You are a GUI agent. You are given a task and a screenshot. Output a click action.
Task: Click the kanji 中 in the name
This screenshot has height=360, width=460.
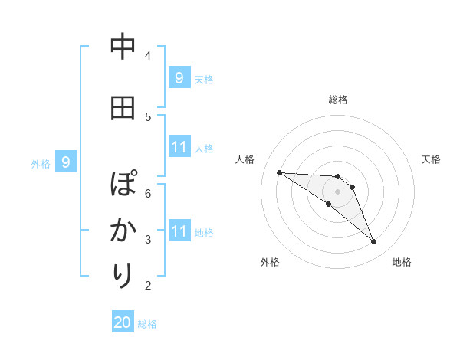[x=123, y=48]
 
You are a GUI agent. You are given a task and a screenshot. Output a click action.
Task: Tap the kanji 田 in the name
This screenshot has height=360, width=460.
[x=123, y=108]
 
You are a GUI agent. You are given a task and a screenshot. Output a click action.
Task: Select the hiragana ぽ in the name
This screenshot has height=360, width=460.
[x=123, y=185]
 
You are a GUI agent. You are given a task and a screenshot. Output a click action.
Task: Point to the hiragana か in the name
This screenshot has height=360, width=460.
[x=123, y=230]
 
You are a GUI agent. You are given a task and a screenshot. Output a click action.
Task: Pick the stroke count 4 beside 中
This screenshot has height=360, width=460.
[x=147, y=55]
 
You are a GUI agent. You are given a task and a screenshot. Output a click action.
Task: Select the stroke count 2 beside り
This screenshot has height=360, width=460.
[x=147, y=286]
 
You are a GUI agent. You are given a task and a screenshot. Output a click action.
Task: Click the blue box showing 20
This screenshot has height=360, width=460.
[x=123, y=322]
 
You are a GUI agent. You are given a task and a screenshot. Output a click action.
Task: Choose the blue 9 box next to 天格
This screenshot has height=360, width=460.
[x=179, y=77]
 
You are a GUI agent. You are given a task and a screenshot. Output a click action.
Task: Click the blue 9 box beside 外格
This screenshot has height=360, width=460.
[x=66, y=162]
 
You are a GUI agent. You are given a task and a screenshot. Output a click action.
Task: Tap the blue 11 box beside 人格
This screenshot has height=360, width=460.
[x=179, y=146]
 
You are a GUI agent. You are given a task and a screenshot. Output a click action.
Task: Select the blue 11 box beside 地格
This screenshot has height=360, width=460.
[x=179, y=231]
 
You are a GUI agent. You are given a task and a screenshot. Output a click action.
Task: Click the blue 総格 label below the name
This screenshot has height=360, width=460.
[x=147, y=324]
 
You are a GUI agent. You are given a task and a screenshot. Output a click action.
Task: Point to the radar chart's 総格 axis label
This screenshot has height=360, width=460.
[x=338, y=100]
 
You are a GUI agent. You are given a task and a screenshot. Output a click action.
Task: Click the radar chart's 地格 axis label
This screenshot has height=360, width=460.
[x=402, y=262]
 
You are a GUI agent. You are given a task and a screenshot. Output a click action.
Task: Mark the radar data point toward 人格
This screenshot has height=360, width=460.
[x=279, y=172]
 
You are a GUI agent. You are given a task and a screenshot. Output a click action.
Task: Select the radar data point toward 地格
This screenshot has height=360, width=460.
[x=373, y=242]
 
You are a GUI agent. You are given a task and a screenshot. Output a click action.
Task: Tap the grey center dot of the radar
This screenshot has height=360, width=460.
[x=337, y=191]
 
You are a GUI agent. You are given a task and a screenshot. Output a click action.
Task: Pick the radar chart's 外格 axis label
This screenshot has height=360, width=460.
[x=269, y=262]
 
